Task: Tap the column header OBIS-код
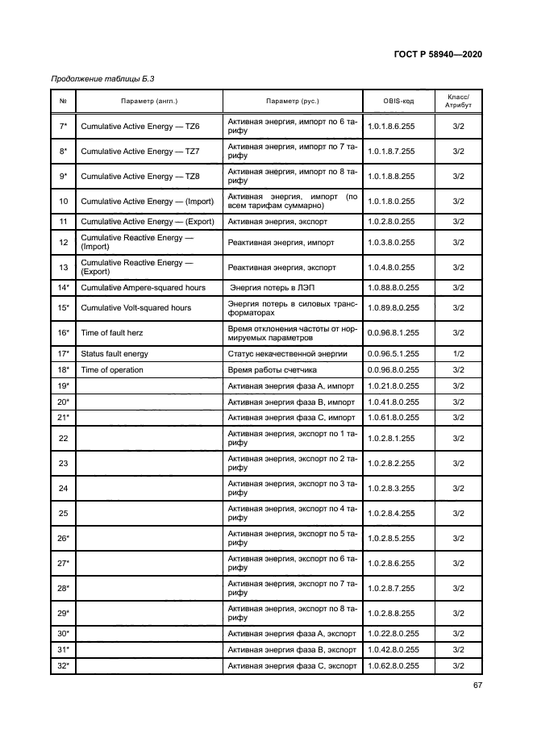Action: [x=398, y=101]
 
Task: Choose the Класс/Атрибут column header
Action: [x=457, y=101]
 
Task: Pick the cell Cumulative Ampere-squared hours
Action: [x=143, y=287]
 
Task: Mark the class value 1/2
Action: [x=458, y=353]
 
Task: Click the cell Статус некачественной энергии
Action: [x=287, y=353]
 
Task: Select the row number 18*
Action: [x=63, y=369]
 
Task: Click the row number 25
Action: [x=63, y=513]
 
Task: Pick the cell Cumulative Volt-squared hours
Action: [x=136, y=307]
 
